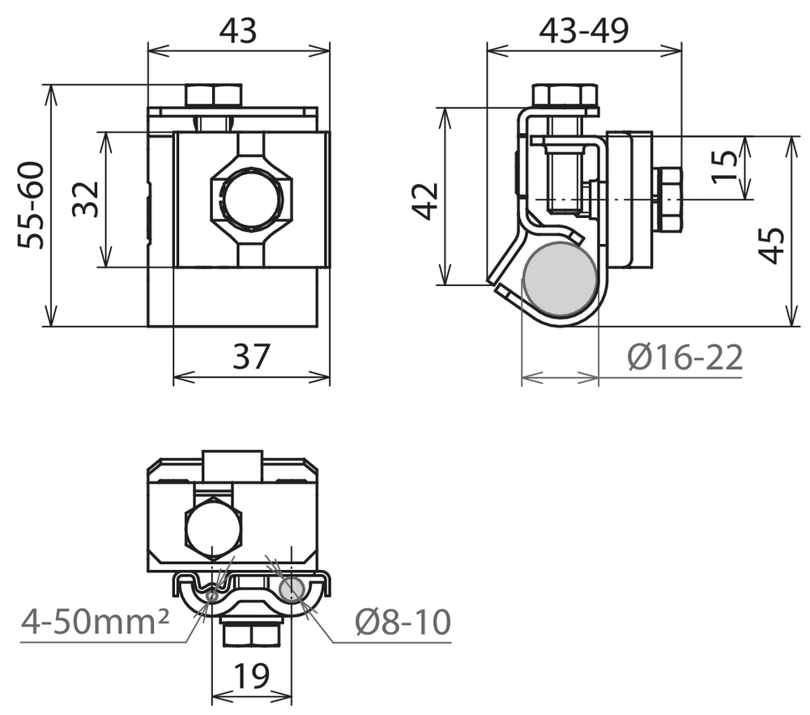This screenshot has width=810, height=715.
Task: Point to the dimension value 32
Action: click(85, 199)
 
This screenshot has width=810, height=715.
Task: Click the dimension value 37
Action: click(251, 356)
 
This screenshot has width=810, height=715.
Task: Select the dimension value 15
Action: click(724, 166)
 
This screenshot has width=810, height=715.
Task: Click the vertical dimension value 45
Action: click(771, 246)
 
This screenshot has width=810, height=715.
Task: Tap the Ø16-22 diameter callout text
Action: click(685, 357)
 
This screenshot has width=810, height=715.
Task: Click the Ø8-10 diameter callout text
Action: click(403, 622)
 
